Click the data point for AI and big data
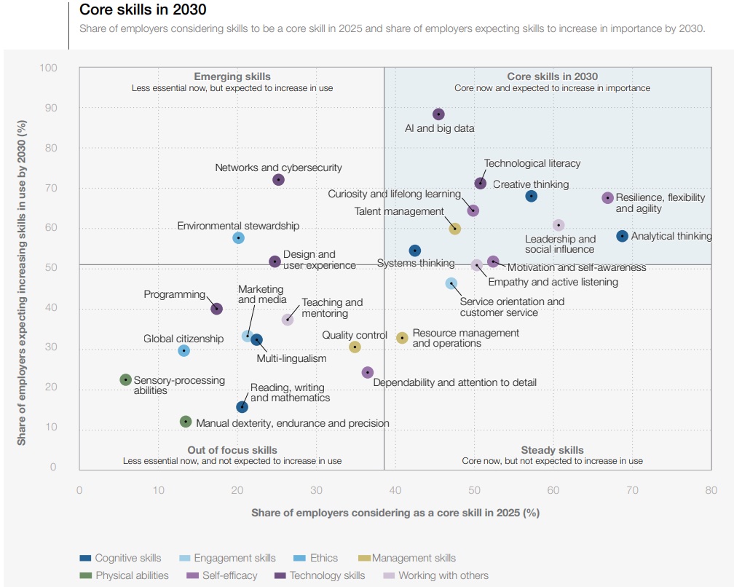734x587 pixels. (438, 114)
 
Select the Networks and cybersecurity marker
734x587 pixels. (278, 180)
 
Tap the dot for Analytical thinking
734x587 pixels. (622, 236)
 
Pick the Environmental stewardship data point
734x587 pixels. (238, 238)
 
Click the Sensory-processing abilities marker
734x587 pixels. (125, 379)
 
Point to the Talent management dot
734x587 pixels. (455, 229)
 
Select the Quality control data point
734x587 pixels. (355, 347)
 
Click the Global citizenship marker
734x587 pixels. (183, 351)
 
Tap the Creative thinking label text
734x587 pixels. (531, 184)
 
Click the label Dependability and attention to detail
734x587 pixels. (454, 382)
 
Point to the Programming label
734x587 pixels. (175, 294)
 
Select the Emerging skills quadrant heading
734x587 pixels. (232, 76)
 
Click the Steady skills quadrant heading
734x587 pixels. (552, 450)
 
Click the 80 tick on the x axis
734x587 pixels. (711, 490)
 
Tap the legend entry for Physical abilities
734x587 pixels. (132, 575)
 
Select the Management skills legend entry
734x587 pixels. (414, 558)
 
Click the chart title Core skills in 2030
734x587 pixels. (143, 10)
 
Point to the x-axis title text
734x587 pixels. (395, 513)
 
